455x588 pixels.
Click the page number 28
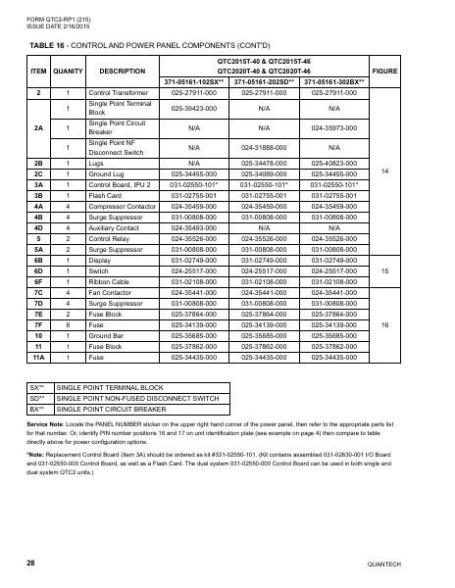point(31,563)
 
